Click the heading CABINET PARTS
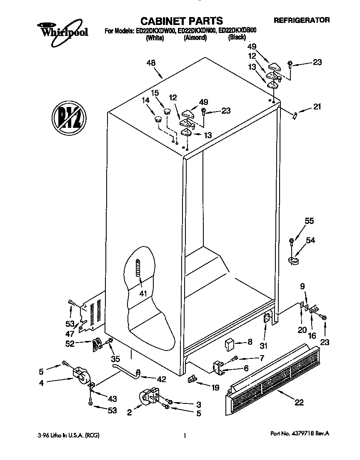(x=181, y=21)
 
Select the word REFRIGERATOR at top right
(x=302, y=20)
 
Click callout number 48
(x=151, y=64)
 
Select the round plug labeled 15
(x=167, y=111)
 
